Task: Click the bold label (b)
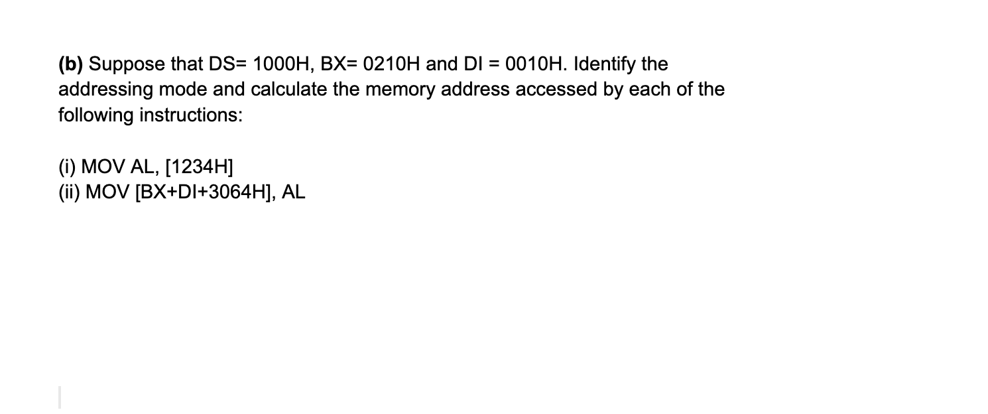coord(71,64)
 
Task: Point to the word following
coord(95,115)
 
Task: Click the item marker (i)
coord(66,166)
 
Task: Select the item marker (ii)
coord(69,192)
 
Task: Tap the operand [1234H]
coord(198,166)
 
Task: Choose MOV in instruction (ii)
coord(106,192)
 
